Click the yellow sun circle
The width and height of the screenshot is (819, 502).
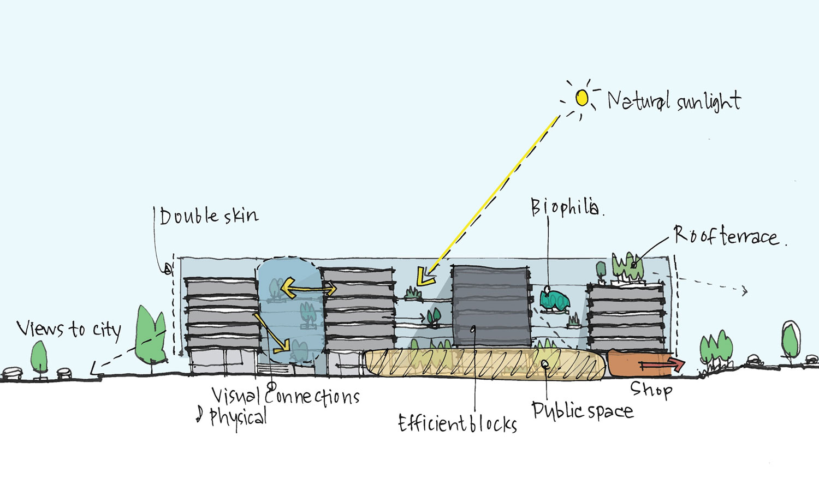(582, 98)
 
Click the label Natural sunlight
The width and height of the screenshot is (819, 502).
(674, 101)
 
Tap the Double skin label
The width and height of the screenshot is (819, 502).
(209, 216)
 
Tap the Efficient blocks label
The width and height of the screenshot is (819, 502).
(458, 423)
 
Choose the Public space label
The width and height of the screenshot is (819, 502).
(582, 410)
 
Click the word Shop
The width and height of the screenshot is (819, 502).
(651, 389)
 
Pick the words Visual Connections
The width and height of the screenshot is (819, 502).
(286, 396)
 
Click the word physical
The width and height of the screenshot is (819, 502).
(239, 417)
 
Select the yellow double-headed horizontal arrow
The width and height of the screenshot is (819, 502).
(308, 288)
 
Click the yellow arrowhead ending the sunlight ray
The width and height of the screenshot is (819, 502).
(424, 277)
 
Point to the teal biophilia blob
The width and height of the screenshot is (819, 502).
(555, 301)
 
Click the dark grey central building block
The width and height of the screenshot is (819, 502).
(490, 307)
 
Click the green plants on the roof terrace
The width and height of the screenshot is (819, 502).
(626, 266)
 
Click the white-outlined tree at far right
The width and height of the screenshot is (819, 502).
(790, 338)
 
